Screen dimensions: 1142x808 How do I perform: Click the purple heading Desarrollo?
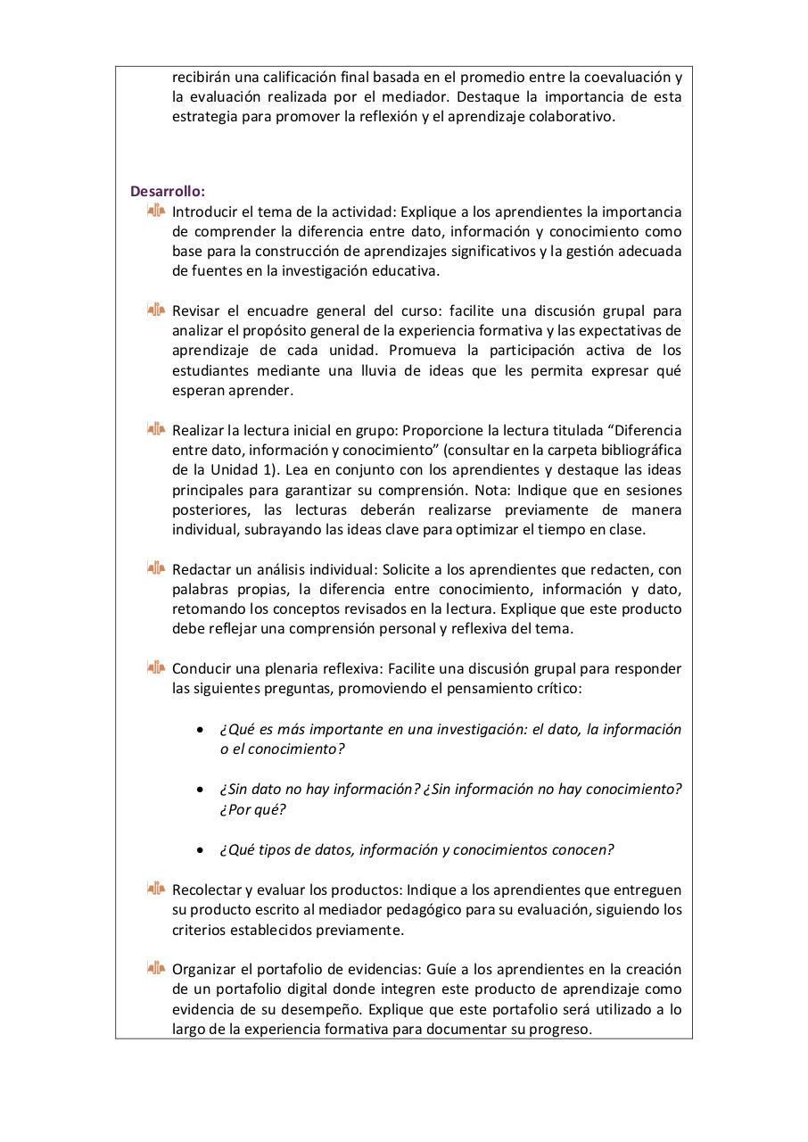(168, 191)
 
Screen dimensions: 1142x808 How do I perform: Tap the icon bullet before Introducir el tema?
(156, 211)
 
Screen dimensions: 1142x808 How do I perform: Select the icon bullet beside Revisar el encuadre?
(156, 310)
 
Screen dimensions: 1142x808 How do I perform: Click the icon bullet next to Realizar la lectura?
(156, 430)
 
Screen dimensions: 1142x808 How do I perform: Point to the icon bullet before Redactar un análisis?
(156, 568)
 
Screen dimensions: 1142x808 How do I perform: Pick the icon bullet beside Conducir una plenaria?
(156, 667)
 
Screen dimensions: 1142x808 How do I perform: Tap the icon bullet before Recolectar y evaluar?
(156, 889)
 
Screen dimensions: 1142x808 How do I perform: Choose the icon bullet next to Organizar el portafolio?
(156, 968)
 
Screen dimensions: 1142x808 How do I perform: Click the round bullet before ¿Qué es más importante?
(201, 730)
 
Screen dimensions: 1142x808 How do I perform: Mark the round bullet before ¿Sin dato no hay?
(201, 790)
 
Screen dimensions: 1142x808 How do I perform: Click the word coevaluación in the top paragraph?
(622, 77)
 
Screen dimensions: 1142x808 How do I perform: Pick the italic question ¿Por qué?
(252, 810)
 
